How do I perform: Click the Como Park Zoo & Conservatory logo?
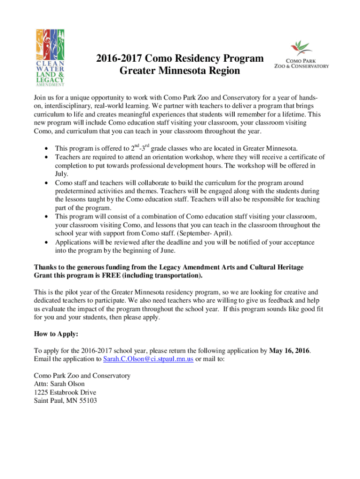(x=301, y=55)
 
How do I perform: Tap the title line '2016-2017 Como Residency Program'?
(x=180, y=59)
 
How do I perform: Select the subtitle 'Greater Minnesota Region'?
(x=180, y=71)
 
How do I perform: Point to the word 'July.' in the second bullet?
(x=62, y=174)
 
